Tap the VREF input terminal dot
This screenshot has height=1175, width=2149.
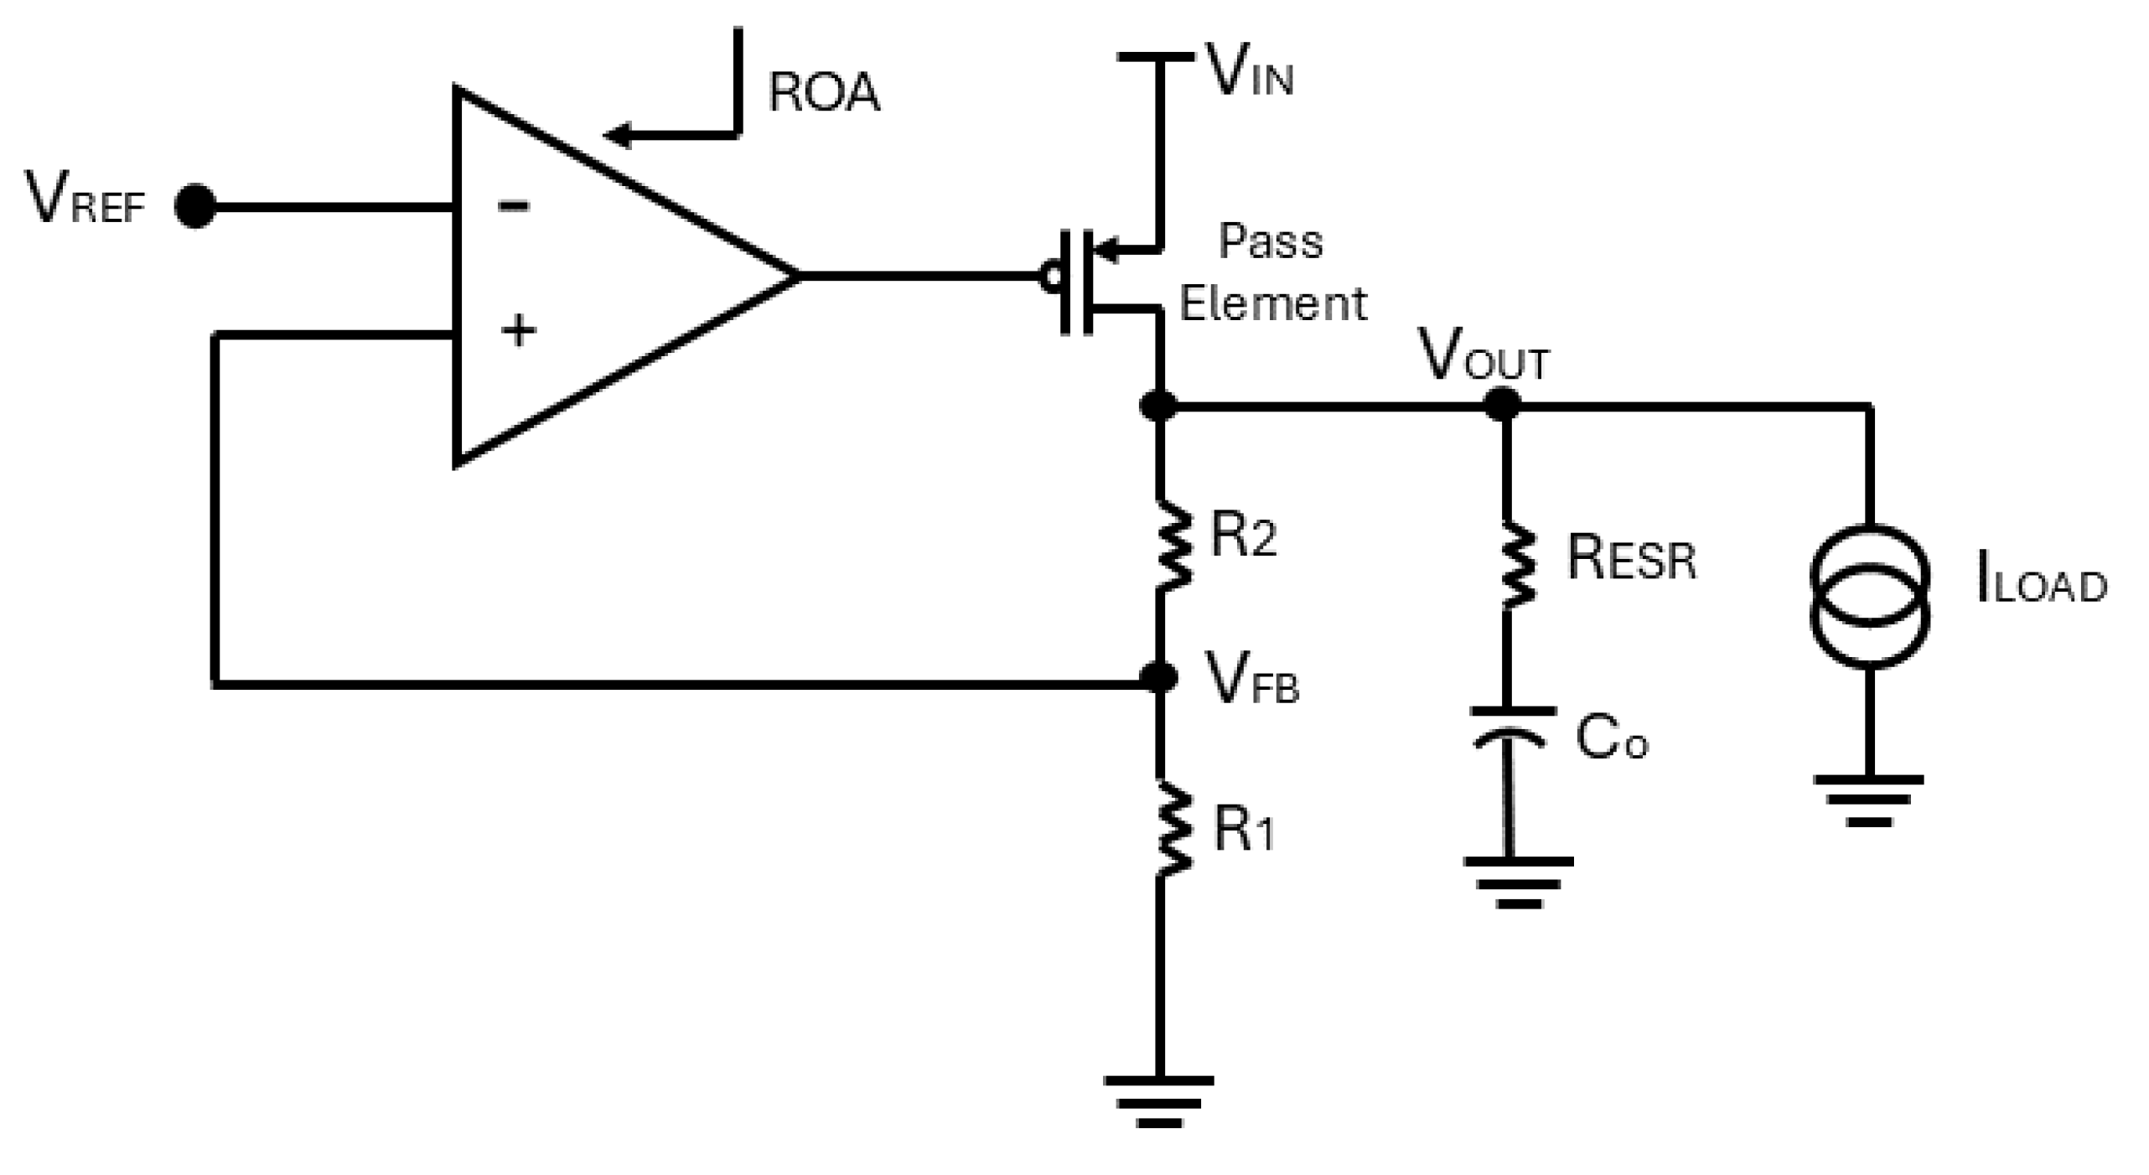point(195,205)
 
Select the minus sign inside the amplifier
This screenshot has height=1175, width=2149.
point(514,205)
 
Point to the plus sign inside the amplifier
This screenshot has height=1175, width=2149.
point(519,330)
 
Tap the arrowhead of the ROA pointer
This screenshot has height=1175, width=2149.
point(619,134)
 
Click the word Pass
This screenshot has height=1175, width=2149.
point(1271,242)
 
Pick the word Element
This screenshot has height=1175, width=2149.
point(1273,303)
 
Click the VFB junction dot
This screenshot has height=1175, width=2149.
point(1160,675)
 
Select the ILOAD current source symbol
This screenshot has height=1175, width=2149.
point(1870,596)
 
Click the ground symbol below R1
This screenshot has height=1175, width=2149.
point(1159,1100)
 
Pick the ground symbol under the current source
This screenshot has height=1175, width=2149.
point(1869,800)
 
